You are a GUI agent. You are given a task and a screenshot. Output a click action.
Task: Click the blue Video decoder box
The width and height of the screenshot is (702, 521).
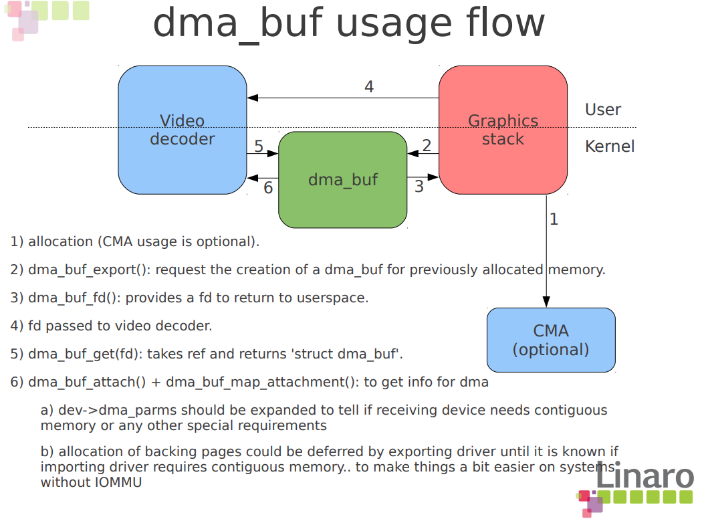tap(183, 130)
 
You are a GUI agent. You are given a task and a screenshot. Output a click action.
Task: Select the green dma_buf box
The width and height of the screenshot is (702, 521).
tap(342, 180)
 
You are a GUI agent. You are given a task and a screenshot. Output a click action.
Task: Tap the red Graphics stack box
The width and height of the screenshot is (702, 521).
tap(503, 130)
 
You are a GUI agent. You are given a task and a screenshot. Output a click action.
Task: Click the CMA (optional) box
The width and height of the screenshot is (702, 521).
tap(551, 340)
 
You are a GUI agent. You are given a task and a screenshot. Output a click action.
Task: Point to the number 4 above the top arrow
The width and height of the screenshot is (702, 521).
tap(369, 87)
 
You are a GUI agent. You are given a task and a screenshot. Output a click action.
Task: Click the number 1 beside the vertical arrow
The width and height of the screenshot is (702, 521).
tap(554, 219)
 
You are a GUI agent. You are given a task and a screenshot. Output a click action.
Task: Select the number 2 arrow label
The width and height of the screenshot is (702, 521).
tap(427, 145)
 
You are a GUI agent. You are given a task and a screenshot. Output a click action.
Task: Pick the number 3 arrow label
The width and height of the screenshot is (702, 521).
tap(419, 187)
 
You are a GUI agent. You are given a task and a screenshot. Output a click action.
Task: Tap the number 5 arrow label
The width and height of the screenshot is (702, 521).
tap(259, 146)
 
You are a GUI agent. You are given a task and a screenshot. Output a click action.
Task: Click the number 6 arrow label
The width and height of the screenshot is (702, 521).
tap(268, 188)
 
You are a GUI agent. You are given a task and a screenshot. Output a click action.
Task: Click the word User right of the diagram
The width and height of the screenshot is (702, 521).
tap(602, 110)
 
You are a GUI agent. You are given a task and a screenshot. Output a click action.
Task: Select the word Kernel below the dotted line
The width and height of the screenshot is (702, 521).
tap(610, 146)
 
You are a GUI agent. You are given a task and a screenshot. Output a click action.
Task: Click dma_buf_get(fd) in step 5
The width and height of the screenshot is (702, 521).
tap(80, 354)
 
